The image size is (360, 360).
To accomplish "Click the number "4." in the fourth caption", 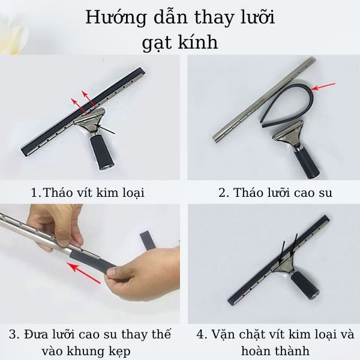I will pyautogui.click(x=202, y=334).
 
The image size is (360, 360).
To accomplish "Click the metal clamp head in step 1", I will pyautogui.click(x=90, y=122).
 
